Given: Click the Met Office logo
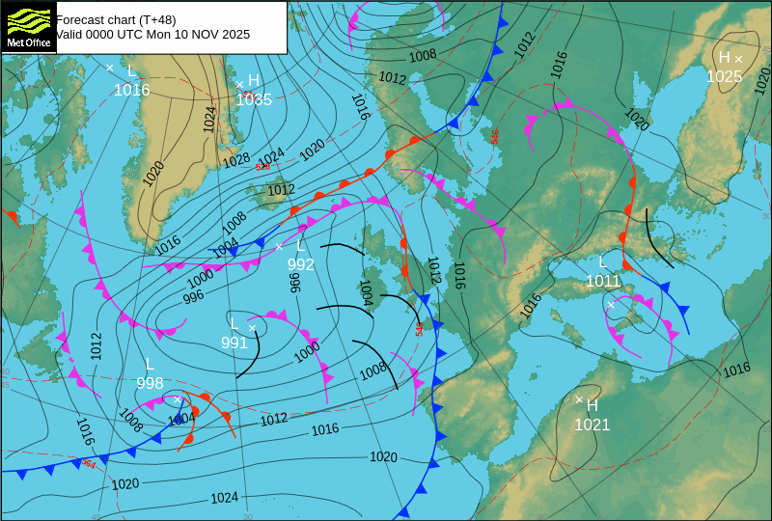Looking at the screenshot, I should click(x=27, y=26).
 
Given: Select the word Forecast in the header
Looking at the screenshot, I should click(x=83, y=19).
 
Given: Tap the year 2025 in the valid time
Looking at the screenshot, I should click(x=233, y=34).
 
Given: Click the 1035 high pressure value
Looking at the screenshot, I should click(x=254, y=98).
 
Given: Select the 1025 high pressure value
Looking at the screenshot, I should click(x=725, y=76).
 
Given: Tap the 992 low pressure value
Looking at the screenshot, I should click(x=301, y=263).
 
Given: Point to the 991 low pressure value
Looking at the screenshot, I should click(x=234, y=342).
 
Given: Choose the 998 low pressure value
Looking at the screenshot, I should click(x=150, y=383).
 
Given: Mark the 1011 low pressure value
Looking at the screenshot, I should click(x=603, y=281).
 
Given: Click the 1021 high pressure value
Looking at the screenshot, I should click(x=593, y=425).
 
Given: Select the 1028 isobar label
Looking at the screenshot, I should click(x=236, y=161).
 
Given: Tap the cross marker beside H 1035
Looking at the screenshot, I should click(x=239, y=84).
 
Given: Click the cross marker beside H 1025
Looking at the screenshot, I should click(x=739, y=59).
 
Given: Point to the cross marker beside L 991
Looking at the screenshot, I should click(x=253, y=328).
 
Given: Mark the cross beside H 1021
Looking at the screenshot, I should click(x=579, y=399).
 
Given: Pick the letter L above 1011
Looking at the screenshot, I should click(x=603, y=261).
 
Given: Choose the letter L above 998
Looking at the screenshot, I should click(x=150, y=364).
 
